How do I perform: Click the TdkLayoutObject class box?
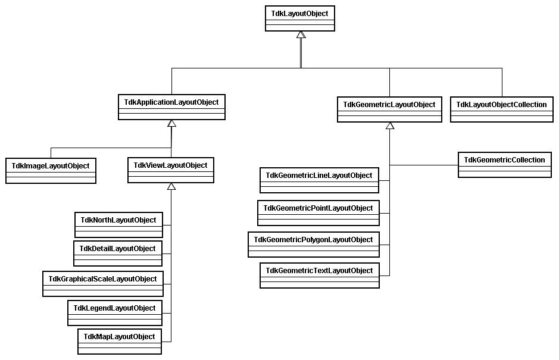[x=300, y=18]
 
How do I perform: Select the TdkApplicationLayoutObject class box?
[x=171, y=107]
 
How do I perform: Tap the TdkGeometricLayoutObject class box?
[x=389, y=109]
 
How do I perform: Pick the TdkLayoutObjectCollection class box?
[x=502, y=109]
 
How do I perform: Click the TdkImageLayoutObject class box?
[x=51, y=171]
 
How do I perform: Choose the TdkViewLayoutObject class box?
[x=171, y=170]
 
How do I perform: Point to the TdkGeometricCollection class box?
[x=504, y=165]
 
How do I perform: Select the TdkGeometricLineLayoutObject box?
[x=319, y=180]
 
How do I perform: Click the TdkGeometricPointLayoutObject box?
[x=318, y=213]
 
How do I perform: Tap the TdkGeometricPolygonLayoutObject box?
[x=314, y=245]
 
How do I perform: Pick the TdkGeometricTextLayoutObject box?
[x=320, y=276]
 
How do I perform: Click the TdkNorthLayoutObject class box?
[x=118, y=225]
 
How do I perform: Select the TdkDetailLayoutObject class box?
[x=118, y=253]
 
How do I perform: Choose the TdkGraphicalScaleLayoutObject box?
[x=103, y=284]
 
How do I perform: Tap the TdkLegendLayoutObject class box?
[x=115, y=313]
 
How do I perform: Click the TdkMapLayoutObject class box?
[x=120, y=342]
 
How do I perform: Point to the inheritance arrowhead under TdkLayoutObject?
[x=301, y=35]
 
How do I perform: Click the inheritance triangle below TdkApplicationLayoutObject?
[x=172, y=123]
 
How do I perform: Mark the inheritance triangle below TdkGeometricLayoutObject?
[x=390, y=126]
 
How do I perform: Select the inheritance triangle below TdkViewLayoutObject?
[x=171, y=186]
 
